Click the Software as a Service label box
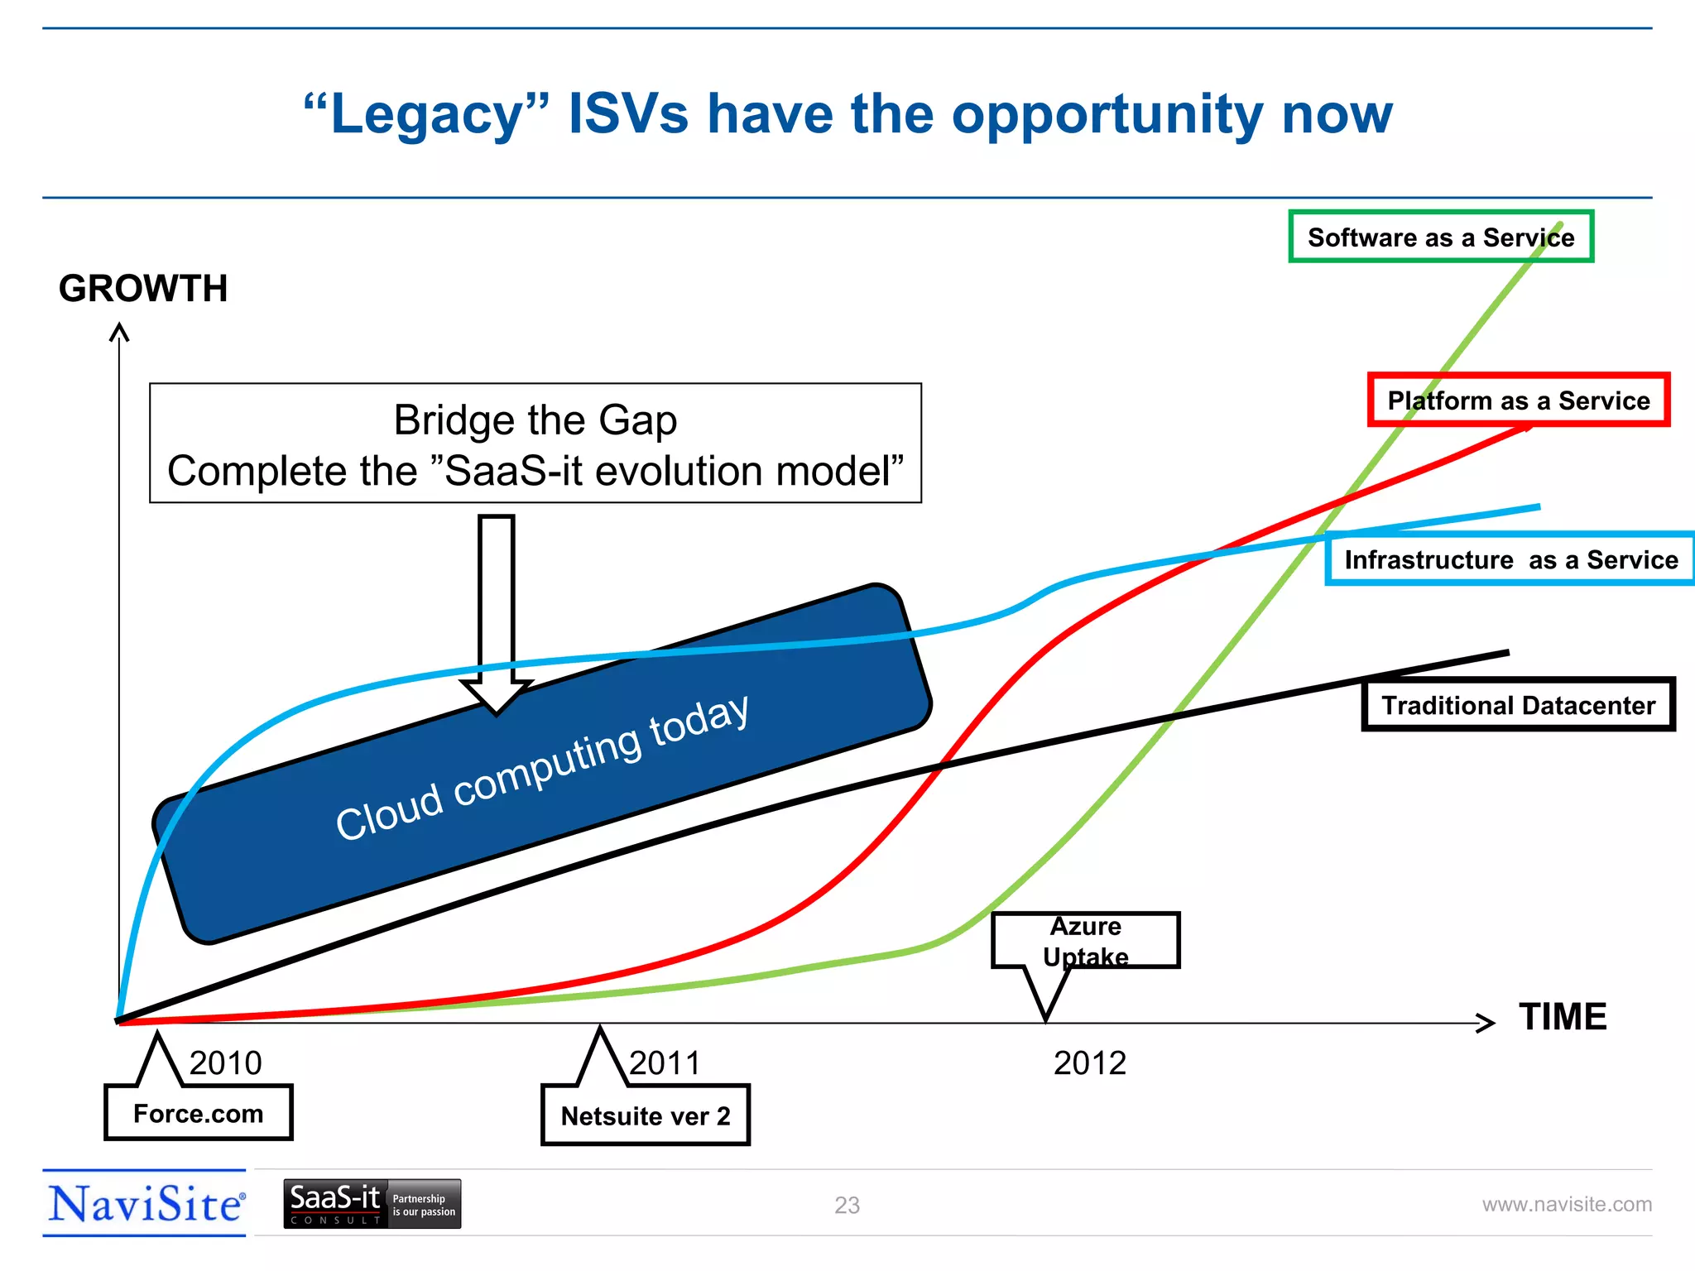[x=1440, y=237]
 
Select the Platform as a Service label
[x=1518, y=400]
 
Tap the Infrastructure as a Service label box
[x=1510, y=560]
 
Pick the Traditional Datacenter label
[x=1518, y=705]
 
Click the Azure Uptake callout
[x=1085, y=941]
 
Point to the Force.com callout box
[x=198, y=1113]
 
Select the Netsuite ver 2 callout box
[x=645, y=1115]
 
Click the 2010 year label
[x=225, y=1063]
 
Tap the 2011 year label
[x=665, y=1063]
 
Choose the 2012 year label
[x=1089, y=1063]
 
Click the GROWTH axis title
[x=143, y=289]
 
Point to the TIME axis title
[x=1562, y=1017]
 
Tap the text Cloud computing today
[x=542, y=767]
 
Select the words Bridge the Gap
[x=535, y=420]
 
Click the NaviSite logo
[x=146, y=1204]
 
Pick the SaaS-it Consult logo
[x=372, y=1204]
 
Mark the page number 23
[x=847, y=1205]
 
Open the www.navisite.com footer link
[x=1566, y=1204]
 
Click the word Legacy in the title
[x=426, y=114]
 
